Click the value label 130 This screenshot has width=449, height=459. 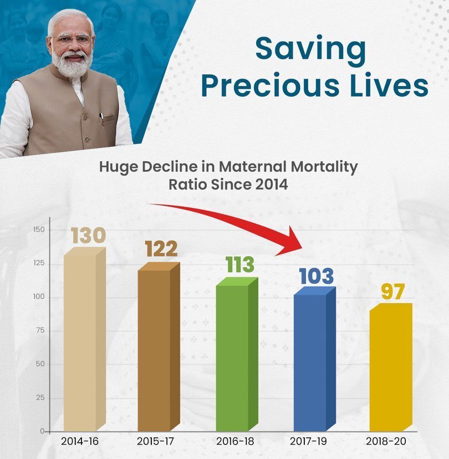tap(88, 236)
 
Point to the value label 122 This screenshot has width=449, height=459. tap(161, 249)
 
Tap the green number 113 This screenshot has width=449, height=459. tap(239, 265)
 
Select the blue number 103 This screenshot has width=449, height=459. tap(317, 276)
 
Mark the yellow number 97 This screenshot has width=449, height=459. tap(393, 292)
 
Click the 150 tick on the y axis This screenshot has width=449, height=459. tap(39, 229)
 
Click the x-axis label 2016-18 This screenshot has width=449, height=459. tap(235, 442)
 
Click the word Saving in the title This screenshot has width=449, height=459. tap(310, 49)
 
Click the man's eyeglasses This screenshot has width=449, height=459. tap(70, 40)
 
